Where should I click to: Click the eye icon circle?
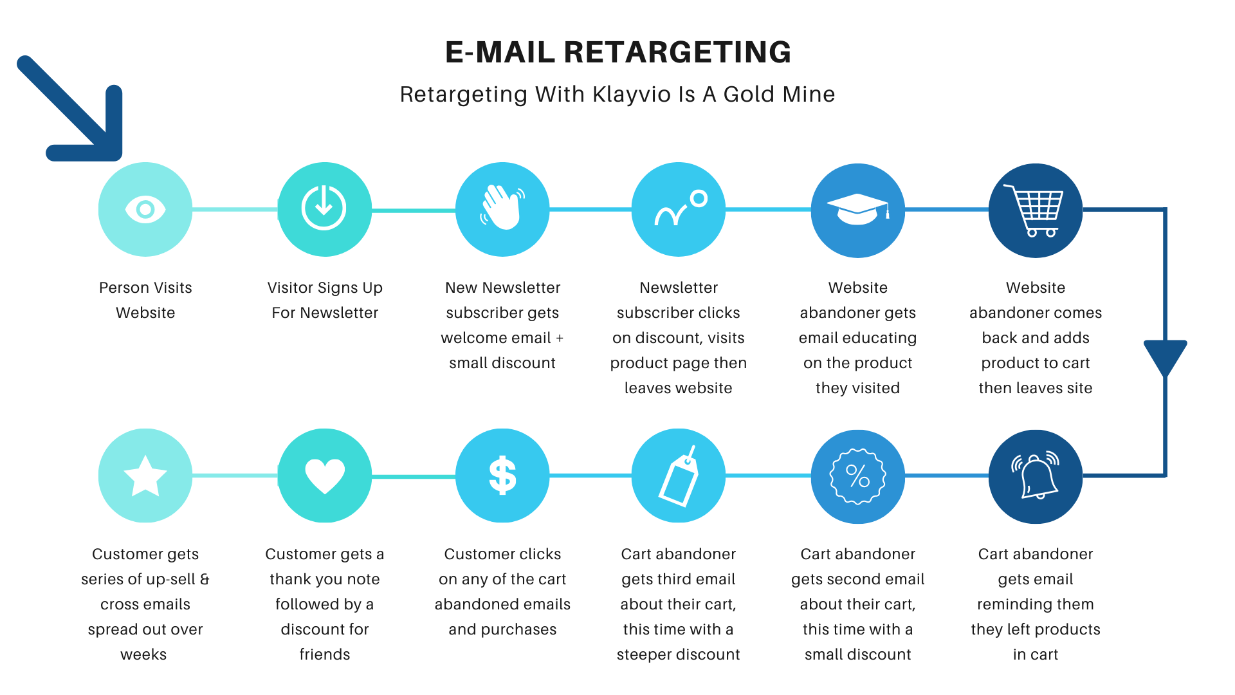145,209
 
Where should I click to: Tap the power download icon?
324,208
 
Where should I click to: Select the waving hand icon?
502,208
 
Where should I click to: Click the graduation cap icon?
857,209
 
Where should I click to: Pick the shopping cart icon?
1035,210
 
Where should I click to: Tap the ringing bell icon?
1035,476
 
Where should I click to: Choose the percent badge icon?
857,476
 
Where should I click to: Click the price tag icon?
679,476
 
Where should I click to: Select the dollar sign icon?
502,476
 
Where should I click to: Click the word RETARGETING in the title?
677,52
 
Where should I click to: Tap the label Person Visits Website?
145,300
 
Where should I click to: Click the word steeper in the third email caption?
646,654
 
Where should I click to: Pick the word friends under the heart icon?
324,654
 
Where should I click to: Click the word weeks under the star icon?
143,654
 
